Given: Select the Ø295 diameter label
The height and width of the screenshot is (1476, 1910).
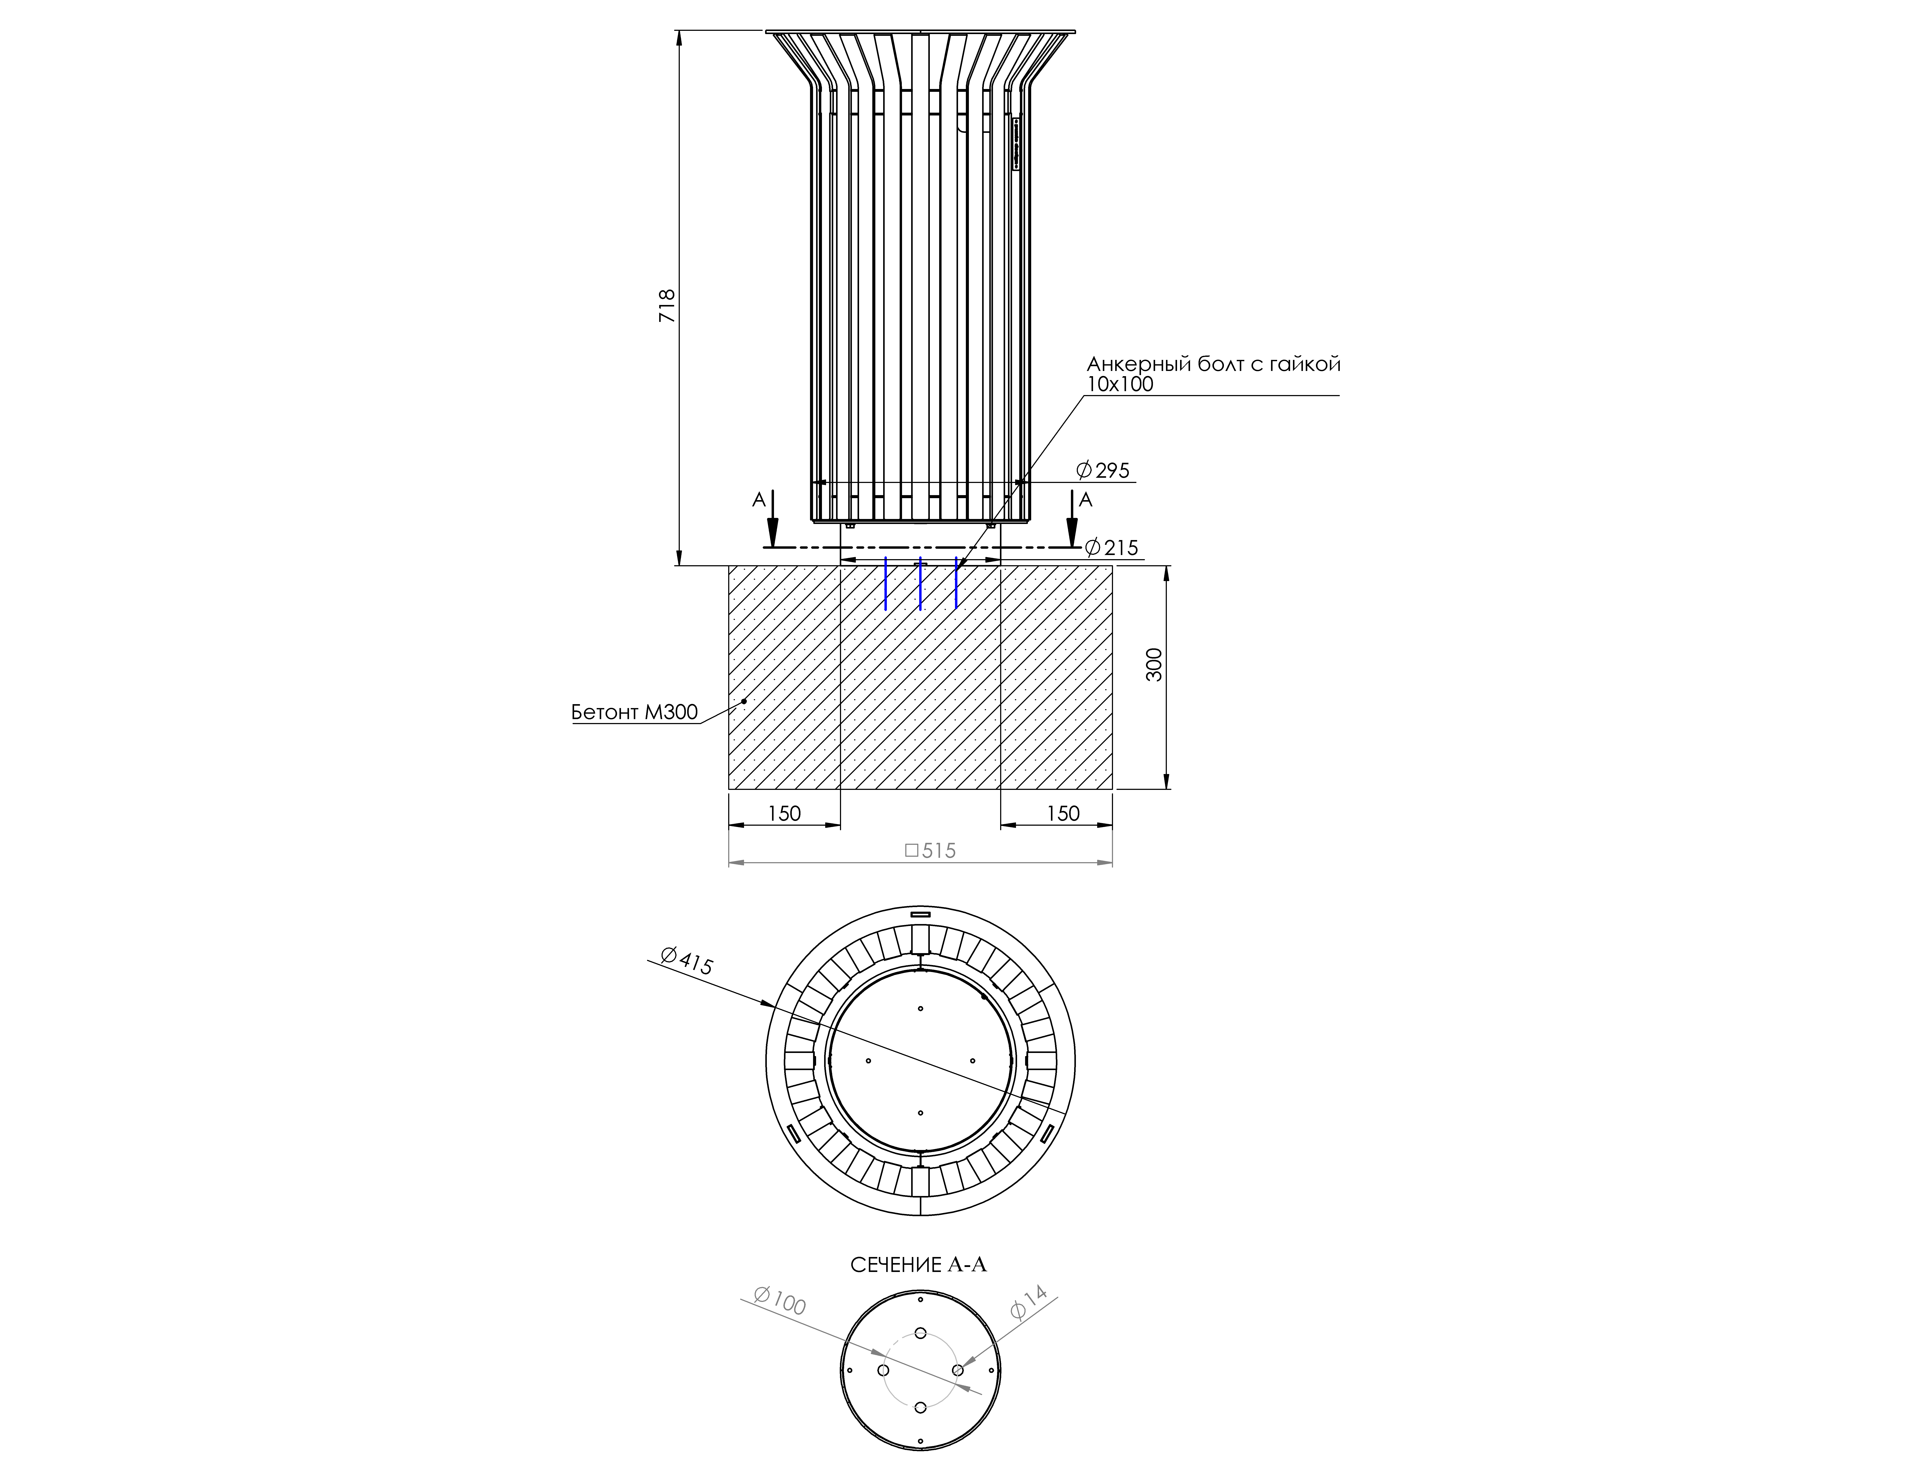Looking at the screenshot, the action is click(1103, 470).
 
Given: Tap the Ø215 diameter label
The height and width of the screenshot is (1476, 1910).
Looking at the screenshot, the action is click(1111, 547).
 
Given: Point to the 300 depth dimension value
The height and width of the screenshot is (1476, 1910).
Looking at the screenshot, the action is click(1154, 665).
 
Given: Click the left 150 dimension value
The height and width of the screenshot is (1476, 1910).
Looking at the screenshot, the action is click(784, 813).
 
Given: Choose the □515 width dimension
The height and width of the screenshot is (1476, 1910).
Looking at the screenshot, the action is click(930, 850).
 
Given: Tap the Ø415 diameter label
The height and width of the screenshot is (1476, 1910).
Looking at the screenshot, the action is click(687, 961).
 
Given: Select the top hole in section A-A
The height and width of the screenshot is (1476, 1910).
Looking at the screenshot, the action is click(921, 1333).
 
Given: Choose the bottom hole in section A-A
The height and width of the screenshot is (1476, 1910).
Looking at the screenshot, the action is click(921, 1407).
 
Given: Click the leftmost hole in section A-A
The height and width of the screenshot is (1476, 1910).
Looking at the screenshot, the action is click(883, 1370).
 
